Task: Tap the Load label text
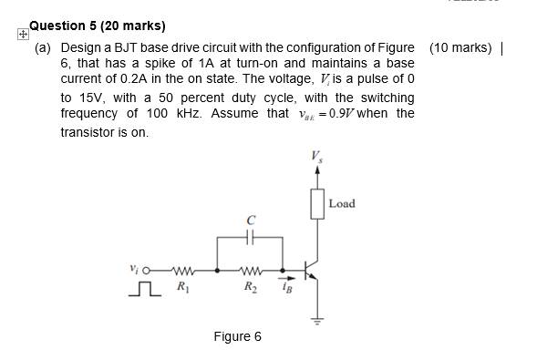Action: coord(342,202)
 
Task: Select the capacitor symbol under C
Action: coord(249,238)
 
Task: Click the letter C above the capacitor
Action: coord(249,219)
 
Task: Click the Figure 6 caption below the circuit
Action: coord(237,337)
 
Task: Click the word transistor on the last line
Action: coord(88,132)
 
